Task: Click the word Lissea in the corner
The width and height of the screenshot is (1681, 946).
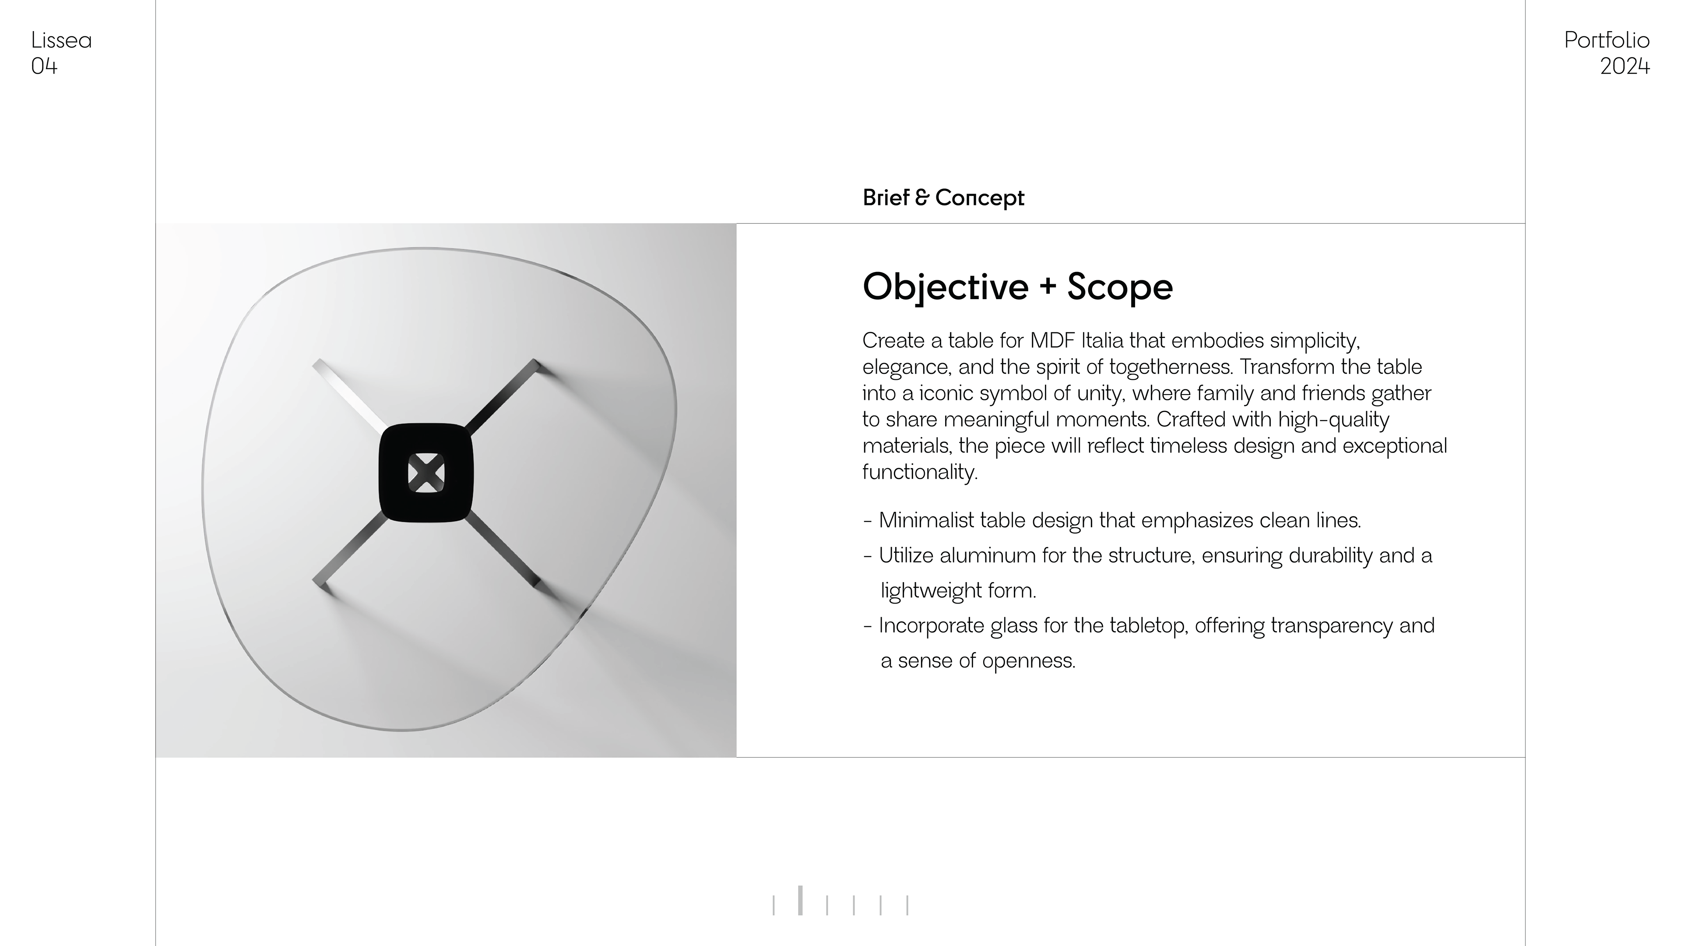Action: point(61,40)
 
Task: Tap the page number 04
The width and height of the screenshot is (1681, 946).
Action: point(44,66)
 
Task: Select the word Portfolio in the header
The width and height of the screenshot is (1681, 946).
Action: point(1607,40)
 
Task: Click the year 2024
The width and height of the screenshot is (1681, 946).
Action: point(1625,66)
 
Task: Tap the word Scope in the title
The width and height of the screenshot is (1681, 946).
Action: point(1120,286)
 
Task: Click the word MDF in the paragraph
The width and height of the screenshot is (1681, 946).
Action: point(1052,340)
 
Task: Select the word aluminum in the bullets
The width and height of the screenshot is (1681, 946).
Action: point(987,556)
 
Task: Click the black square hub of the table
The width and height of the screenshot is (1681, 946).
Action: point(426,473)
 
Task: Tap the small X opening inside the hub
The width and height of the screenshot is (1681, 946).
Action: point(426,473)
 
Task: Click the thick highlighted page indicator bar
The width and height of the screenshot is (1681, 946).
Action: point(800,900)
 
